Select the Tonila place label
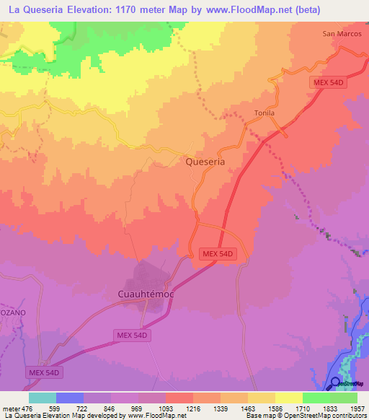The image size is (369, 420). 264,113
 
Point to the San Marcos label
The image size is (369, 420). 340,33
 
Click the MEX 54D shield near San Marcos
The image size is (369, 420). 330,83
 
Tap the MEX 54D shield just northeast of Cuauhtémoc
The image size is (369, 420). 218,254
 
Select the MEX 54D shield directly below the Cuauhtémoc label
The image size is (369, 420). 133,336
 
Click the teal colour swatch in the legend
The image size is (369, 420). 42,398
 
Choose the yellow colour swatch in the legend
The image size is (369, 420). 288,398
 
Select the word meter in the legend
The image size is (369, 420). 10,408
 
